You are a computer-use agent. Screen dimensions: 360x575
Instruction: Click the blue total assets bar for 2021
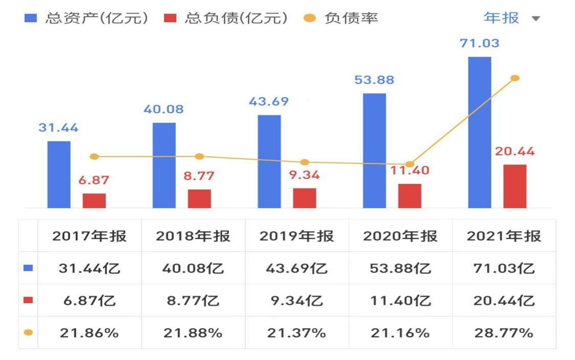click(x=479, y=132)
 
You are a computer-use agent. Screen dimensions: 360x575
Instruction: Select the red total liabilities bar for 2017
click(x=94, y=201)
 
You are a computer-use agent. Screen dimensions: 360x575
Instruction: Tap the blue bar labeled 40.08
click(x=164, y=165)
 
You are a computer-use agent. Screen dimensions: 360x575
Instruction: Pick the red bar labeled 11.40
click(x=410, y=196)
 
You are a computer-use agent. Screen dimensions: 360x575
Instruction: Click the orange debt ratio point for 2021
click(x=515, y=78)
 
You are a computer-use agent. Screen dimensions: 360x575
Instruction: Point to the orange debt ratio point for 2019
click(x=304, y=162)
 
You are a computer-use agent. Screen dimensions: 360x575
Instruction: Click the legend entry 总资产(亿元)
click(x=86, y=18)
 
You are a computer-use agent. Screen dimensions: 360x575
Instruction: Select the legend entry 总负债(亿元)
click(x=225, y=18)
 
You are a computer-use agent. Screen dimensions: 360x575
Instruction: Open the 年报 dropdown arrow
click(x=536, y=19)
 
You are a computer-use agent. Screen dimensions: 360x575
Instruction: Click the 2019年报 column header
click(x=297, y=236)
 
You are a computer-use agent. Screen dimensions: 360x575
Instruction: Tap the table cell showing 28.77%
click(x=504, y=333)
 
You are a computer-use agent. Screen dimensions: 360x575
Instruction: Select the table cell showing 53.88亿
click(x=400, y=268)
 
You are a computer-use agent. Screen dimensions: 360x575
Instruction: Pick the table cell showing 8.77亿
click(x=193, y=301)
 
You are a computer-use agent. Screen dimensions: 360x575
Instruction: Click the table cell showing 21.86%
click(x=89, y=333)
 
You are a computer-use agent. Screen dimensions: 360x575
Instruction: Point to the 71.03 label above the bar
click(x=479, y=44)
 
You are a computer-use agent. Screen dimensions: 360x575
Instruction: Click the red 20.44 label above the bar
click(x=515, y=151)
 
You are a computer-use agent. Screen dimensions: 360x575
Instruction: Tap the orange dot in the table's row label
click(x=28, y=333)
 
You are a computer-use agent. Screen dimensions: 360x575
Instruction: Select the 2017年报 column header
click(x=89, y=236)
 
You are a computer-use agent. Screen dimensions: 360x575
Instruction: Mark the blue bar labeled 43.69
click(x=269, y=161)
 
